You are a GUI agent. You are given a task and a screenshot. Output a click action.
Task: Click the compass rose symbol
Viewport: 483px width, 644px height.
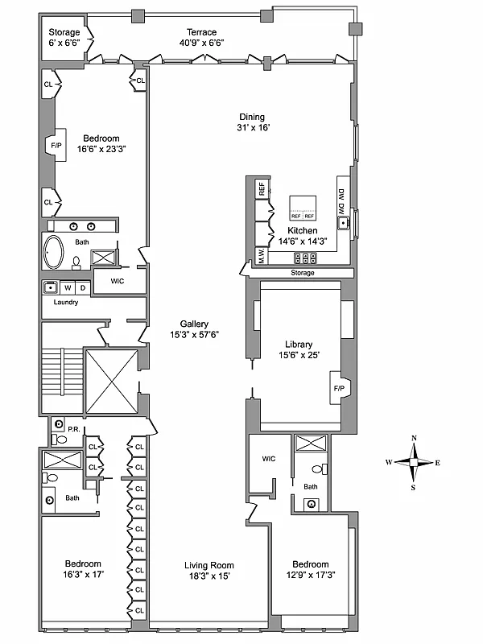point(414,462)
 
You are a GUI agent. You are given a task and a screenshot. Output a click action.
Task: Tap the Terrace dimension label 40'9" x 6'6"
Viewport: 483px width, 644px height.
point(202,43)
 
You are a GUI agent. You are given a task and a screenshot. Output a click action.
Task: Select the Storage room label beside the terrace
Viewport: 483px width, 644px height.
point(64,33)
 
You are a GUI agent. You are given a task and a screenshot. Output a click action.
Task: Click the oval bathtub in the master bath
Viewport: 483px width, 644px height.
point(56,253)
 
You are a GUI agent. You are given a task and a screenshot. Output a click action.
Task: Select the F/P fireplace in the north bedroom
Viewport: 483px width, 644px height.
point(56,146)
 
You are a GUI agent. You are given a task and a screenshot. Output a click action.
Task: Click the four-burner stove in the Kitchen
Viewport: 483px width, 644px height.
point(306,258)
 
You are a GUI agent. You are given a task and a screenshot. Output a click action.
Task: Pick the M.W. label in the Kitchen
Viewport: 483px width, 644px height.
point(262,257)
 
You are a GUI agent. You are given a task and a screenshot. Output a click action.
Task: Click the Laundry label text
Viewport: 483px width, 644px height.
point(65,302)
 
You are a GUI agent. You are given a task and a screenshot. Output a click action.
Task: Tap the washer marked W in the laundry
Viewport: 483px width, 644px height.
point(68,287)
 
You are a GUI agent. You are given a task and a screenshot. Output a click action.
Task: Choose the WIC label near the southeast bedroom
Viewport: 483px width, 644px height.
point(269,459)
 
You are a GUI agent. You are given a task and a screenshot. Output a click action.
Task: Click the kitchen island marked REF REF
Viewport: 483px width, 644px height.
point(303,208)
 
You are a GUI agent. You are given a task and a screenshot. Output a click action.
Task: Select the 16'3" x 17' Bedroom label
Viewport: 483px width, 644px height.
point(84,569)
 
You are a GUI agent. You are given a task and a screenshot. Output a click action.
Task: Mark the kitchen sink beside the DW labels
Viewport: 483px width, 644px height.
point(343,223)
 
